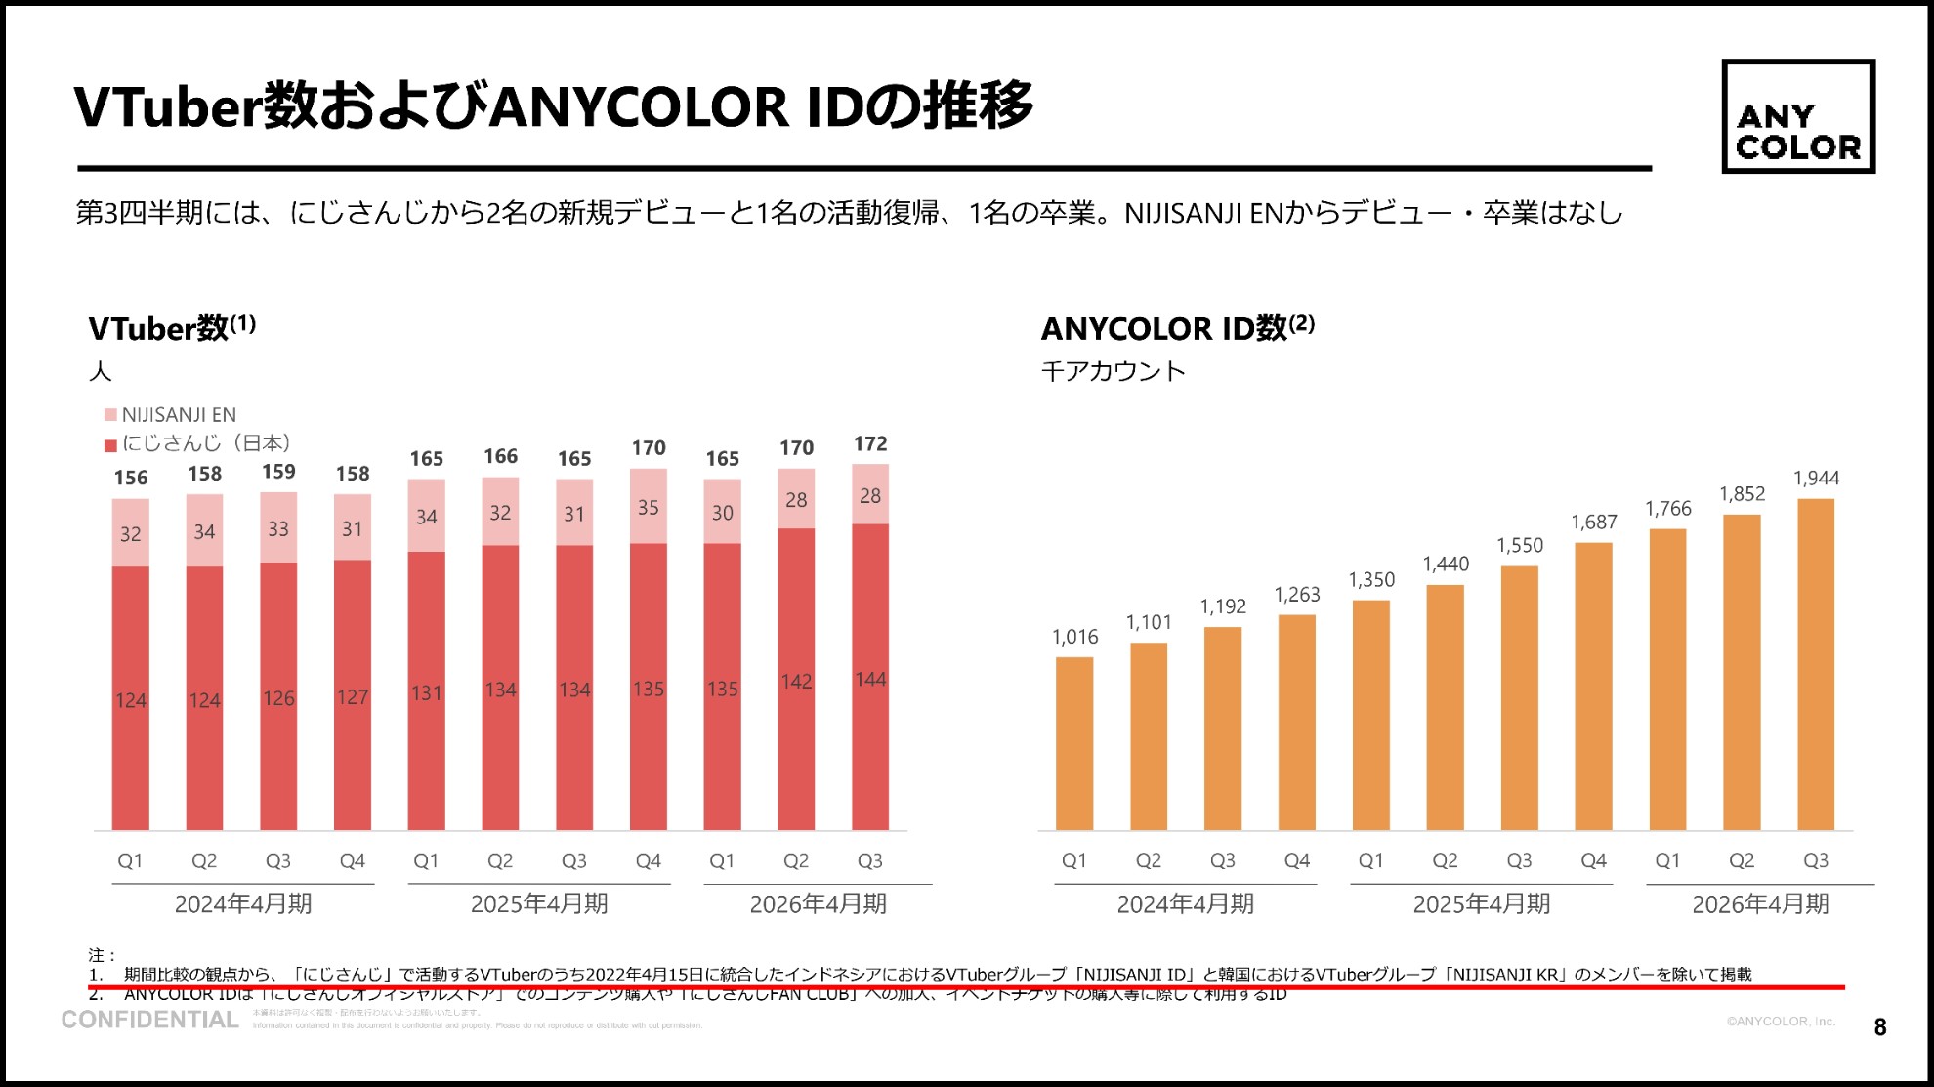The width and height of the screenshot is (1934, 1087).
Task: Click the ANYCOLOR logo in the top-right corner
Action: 1797,116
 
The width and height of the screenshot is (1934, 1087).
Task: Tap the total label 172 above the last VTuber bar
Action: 870,444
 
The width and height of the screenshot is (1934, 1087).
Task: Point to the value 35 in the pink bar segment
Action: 649,508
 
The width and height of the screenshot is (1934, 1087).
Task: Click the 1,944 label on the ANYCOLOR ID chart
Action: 1816,479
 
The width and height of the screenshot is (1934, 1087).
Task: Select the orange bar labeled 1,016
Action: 1074,743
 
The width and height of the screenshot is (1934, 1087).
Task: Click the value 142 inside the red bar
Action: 796,682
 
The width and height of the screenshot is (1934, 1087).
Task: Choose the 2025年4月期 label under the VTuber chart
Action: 539,904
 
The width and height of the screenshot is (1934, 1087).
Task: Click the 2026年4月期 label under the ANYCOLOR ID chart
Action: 1760,904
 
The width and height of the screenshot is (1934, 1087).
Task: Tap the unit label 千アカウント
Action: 1113,372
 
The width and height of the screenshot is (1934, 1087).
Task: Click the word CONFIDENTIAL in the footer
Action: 150,1021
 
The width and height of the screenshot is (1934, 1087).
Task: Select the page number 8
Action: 1880,1027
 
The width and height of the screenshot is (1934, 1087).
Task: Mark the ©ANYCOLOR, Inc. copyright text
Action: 1781,1022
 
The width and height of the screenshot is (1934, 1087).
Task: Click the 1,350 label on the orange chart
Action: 1371,580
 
